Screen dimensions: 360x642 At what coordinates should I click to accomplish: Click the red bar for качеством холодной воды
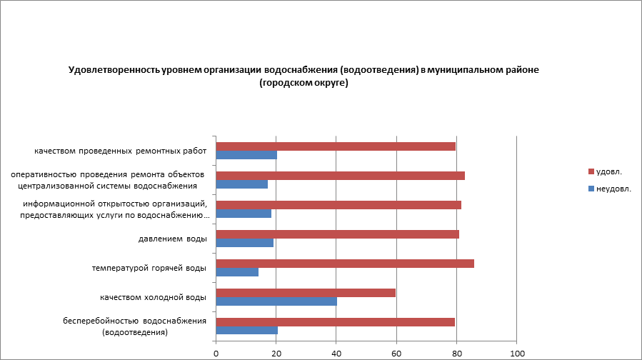tap(306, 292)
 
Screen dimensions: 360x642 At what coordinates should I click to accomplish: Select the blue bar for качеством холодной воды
tap(276, 301)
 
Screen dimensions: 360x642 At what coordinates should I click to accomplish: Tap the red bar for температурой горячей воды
tap(345, 264)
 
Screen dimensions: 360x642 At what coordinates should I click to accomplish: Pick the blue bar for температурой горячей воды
tap(236, 272)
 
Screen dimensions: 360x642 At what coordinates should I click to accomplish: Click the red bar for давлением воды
tap(337, 234)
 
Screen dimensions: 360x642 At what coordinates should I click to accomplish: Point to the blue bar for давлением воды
tap(244, 243)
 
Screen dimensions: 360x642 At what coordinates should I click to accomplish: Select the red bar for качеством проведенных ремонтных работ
tap(336, 146)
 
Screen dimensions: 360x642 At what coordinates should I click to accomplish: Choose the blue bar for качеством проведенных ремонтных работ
tap(246, 155)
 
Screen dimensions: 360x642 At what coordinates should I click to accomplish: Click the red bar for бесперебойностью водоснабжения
tap(335, 321)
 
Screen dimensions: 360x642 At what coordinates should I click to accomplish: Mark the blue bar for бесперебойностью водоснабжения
tap(246, 330)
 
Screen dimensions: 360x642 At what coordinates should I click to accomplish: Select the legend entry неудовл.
tap(613, 189)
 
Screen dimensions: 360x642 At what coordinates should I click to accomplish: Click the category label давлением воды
tap(172, 239)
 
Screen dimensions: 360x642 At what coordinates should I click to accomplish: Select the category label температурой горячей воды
tap(149, 268)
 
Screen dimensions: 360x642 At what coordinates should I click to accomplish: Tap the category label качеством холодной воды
tap(153, 297)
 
